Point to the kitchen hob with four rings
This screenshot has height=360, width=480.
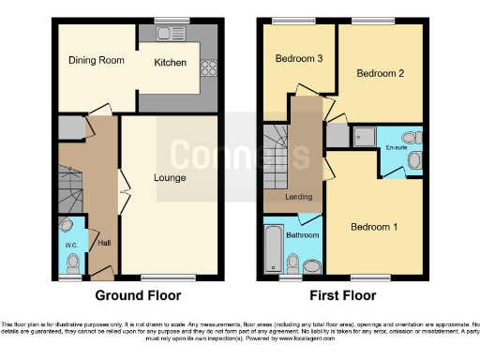coord(208,67)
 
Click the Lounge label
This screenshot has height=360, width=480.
coord(169,178)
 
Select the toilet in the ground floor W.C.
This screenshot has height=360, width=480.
coord(67,228)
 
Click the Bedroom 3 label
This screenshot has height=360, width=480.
coord(298,58)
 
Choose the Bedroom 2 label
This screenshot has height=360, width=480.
coord(380,72)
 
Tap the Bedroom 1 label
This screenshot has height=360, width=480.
coord(374,227)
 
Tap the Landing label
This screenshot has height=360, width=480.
coord(300,196)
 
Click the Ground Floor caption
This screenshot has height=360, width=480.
coord(140,294)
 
